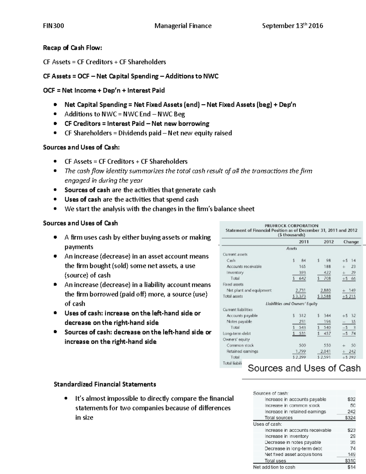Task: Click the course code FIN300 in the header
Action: click(x=53, y=26)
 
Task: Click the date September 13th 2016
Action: click(x=292, y=26)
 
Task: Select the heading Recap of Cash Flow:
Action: click(x=73, y=48)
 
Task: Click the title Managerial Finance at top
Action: click(x=183, y=26)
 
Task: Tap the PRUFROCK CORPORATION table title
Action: click(x=291, y=226)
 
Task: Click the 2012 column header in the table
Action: click(x=328, y=242)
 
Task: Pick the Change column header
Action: click(x=351, y=242)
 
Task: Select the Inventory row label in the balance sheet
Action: click(x=235, y=272)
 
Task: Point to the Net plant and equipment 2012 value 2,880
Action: click(x=325, y=290)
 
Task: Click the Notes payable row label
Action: click(x=239, y=321)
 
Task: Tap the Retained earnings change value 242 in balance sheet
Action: click(x=352, y=351)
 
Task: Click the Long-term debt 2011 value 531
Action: click(x=302, y=333)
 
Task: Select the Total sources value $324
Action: click(x=350, y=418)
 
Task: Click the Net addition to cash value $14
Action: click(x=351, y=467)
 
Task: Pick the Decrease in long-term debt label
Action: click(x=293, y=448)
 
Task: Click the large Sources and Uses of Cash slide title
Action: click(x=304, y=368)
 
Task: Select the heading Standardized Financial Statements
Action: click(x=105, y=384)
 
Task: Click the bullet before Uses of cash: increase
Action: click(x=55, y=313)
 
